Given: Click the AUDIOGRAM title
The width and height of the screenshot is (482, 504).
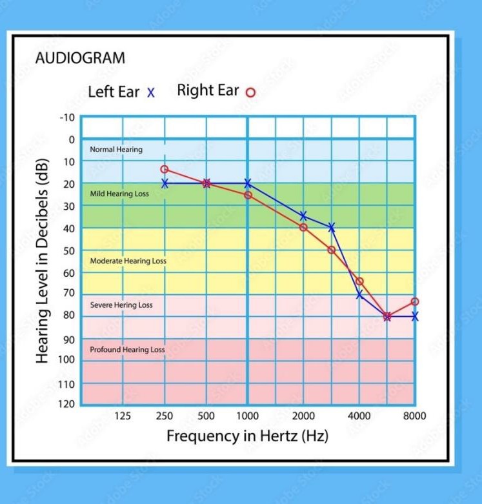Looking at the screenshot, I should (x=80, y=58).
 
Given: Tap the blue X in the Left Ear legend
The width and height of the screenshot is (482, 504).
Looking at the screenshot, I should (x=151, y=92).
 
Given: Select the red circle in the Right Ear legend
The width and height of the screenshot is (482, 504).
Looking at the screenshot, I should (x=250, y=92).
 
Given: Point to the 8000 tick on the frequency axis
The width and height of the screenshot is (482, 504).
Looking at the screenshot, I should (x=414, y=416).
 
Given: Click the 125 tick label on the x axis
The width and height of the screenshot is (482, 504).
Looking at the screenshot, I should (x=123, y=416).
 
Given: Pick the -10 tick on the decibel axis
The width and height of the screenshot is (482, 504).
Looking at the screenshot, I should (x=68, y=117).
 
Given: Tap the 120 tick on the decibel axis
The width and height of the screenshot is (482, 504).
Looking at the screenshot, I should (x=68, y=404).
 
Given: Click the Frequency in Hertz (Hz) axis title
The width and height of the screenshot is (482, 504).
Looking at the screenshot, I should (x=247, y=436).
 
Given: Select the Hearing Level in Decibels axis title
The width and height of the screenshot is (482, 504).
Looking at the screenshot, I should (x=43, y=260).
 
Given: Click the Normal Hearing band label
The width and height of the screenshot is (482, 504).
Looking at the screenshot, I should (x=116, y=149).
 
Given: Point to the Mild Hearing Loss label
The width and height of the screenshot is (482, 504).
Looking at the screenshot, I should (x=119, y=194).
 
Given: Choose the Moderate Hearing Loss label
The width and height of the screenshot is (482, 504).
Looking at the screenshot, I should (x=128, y=261).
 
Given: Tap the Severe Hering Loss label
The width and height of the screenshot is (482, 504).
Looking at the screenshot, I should (x=121, y=305).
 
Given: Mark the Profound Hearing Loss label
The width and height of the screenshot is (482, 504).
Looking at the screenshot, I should (x=127, y=350).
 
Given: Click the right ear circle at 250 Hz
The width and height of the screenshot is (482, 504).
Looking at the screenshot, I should (x=165, y=169).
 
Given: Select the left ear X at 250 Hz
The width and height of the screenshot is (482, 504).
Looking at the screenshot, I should (x=165, y=183).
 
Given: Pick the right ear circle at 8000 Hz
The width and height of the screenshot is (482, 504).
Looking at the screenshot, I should (x=415, y=301).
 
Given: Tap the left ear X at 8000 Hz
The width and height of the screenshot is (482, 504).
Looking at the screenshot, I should (x=415, y=316).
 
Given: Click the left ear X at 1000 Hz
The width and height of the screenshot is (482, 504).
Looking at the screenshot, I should (x=248, y=183).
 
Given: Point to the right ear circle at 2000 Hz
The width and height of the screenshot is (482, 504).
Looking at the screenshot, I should (x=303, y=227).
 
